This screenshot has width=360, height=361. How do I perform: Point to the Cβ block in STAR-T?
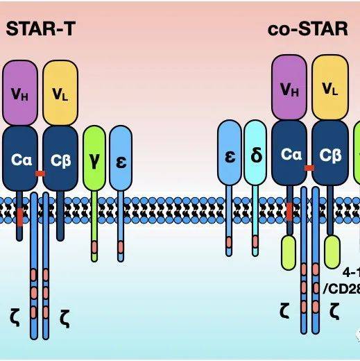tap(61, 158)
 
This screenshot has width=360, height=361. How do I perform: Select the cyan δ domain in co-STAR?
tap(255, 153)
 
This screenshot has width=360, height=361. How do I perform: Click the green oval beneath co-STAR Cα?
tap(290, 252)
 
